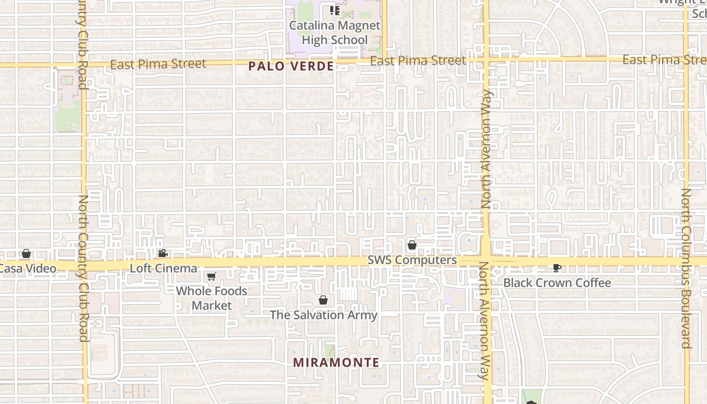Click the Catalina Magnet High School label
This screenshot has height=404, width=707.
334,32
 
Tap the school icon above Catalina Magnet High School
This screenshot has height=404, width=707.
334,10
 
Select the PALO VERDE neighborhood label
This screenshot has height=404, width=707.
291,66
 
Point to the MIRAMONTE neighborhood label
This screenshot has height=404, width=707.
336,363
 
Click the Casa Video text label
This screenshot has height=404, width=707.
28,269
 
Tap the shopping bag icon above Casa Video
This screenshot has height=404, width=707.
26,254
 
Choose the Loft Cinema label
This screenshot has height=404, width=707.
164,268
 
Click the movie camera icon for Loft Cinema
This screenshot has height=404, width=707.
163,253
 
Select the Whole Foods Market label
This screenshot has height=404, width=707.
212,298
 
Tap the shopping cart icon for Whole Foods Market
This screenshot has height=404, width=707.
212,276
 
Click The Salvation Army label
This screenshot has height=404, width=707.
324,315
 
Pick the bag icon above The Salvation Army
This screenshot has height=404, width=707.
323,300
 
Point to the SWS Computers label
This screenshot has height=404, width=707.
412,260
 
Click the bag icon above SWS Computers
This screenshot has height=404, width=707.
412,245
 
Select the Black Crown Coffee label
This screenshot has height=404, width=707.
558,283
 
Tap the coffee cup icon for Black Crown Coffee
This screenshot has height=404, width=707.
557,268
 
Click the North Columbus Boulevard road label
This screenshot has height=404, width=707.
686,268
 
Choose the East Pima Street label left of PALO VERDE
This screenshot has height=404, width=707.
158,64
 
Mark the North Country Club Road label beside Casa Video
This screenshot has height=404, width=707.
83,268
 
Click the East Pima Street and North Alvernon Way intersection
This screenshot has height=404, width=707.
486,60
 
